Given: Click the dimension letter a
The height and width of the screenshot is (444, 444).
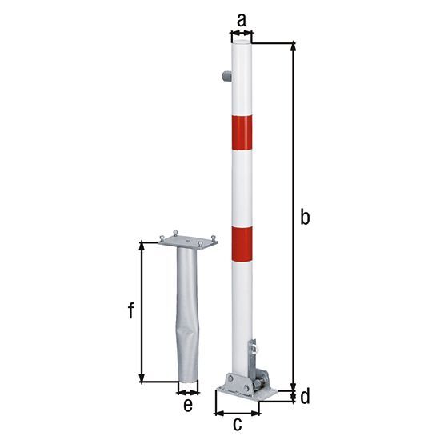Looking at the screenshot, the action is click(242, 21).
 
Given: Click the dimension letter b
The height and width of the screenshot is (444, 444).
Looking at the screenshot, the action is click(305, 217).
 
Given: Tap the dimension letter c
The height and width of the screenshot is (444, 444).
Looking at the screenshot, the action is click(237, 424).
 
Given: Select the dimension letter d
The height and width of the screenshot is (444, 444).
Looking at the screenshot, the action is click(305, 396).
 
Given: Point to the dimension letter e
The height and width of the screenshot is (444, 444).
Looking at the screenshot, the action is click(188, 405).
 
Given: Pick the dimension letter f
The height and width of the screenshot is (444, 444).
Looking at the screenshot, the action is click(131, 310).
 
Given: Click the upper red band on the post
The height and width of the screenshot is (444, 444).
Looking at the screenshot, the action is click(242, 133).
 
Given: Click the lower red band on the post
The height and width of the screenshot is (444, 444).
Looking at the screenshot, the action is click(242, 244).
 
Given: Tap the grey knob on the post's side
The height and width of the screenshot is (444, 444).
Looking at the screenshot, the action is click(226, 76).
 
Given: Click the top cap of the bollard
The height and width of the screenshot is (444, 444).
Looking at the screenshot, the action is click(242, 42).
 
